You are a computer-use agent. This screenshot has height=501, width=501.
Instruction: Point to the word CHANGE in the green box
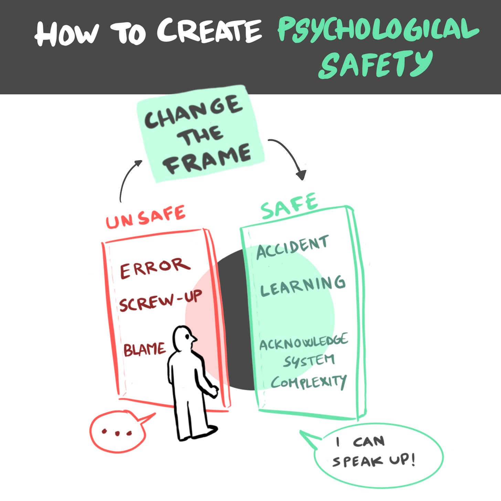tap(193, 112)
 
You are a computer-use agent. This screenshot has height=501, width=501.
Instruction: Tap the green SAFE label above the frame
tap(289, 206)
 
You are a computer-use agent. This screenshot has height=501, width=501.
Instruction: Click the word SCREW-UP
tap(160, 300)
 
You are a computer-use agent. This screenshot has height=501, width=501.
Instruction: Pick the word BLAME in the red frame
tap(145, 349)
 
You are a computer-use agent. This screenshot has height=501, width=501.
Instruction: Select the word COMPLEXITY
tap(308, 382)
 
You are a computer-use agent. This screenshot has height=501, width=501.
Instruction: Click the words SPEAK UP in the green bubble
tap(374, 460)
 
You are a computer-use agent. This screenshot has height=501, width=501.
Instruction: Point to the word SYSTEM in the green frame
tap(309, 361)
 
